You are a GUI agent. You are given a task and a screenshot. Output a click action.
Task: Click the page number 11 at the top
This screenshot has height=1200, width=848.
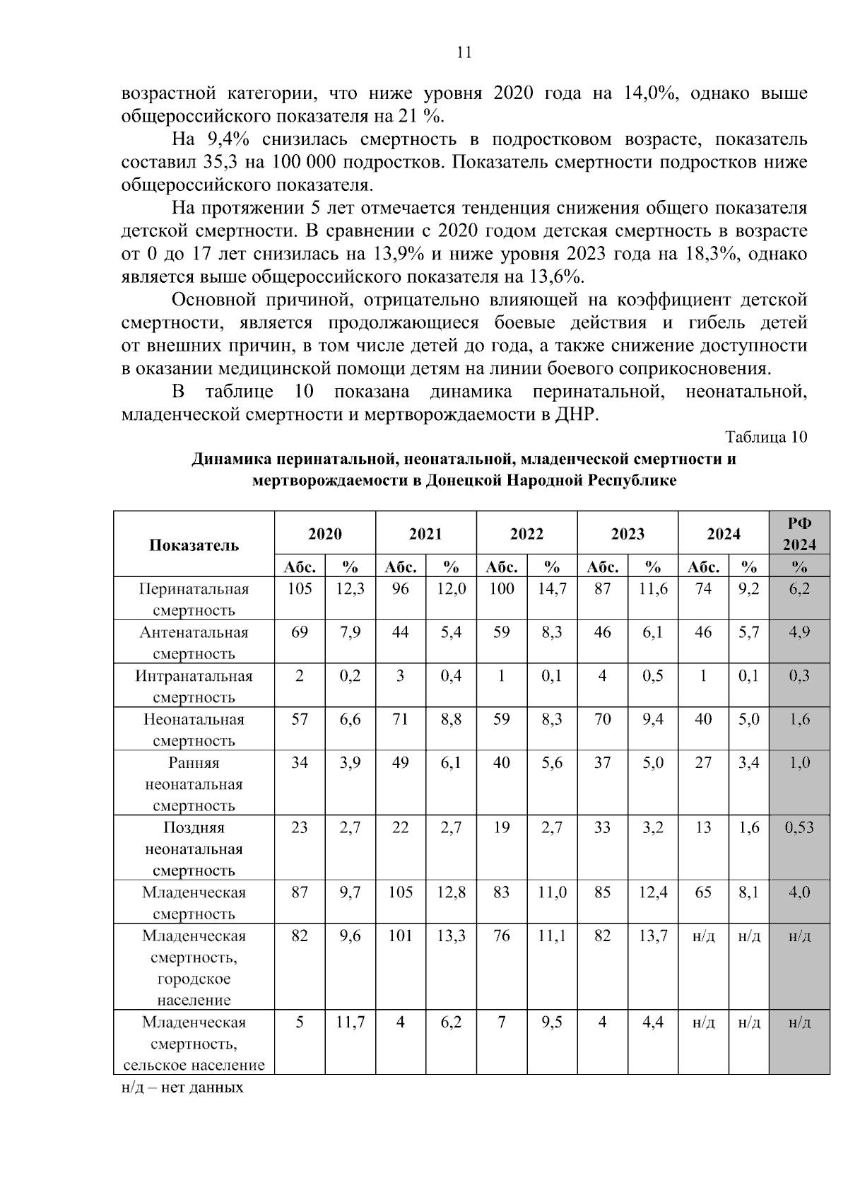point(464,53)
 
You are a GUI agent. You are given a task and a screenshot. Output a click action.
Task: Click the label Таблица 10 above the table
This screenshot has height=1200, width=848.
point(765,437)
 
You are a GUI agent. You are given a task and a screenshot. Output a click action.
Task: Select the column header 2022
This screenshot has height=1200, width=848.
point(526,534)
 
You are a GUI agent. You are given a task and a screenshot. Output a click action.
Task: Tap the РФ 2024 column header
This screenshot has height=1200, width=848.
point(799,534)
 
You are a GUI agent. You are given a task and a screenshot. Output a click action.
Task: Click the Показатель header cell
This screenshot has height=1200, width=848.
point(194,544)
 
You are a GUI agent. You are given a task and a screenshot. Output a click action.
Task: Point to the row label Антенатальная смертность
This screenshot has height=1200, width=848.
point(194,642)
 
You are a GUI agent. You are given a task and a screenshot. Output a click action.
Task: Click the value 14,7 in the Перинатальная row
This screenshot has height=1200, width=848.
point(552,589)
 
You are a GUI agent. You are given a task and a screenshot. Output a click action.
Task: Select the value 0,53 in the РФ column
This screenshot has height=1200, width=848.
point(799,827)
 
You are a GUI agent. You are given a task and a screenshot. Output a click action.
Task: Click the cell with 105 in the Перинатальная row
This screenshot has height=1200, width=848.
point(300,589)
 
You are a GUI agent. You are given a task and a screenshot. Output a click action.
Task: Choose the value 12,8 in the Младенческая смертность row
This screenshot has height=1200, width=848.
point(451,892)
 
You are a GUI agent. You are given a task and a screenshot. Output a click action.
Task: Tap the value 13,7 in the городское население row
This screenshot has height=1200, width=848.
point(653,936)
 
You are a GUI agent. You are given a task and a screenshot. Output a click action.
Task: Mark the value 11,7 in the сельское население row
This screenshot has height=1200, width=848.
point(350,1023)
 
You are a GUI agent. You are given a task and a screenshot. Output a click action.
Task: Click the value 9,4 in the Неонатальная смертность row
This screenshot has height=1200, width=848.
point(653,720)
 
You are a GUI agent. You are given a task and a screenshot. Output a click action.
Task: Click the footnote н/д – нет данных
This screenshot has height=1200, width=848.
point(182,1087)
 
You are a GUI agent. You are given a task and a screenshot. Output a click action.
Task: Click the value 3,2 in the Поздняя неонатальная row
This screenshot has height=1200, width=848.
point(653,827)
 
